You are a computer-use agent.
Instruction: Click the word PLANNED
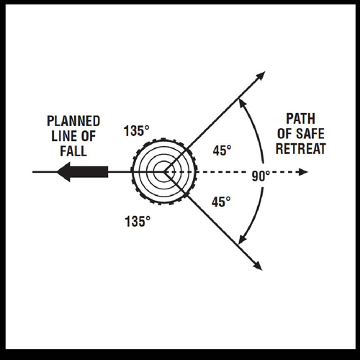point(73,121)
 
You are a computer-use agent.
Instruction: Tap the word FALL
point(73,151)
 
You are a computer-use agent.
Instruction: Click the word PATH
point(301,119)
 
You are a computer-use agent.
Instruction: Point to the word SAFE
point(310,133)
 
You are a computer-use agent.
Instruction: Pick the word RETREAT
point(301,148)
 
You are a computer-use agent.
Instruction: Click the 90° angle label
point(261,176)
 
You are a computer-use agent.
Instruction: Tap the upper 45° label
point(222,150)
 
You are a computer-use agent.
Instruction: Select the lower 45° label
point(221,202)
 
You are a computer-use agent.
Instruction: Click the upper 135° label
point(137,131)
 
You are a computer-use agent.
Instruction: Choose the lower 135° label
point(138,221)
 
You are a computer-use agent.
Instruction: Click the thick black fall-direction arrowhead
point(64,172)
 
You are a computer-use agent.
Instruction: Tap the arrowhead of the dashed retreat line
point(304,172)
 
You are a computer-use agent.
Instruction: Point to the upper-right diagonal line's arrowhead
point(261,76)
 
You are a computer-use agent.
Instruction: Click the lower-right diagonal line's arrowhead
point(258,266)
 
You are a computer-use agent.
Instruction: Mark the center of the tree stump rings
point(164,172)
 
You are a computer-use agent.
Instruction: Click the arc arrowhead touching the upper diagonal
point(242,103)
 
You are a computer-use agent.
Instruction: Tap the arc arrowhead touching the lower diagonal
point(243,240)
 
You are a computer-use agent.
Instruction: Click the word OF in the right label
point(284,134)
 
